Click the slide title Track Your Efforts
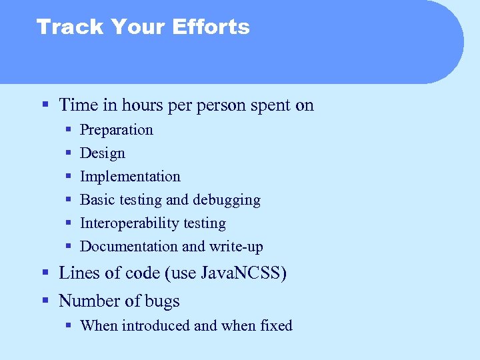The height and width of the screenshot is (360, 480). (143, 27)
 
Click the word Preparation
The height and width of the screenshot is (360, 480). (116, 130)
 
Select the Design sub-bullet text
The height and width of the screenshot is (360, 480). (102, 153)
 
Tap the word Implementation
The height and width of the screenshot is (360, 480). (130, 177)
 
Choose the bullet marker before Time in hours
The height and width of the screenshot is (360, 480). (45, 105)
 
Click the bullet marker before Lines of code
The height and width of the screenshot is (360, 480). (45, 273)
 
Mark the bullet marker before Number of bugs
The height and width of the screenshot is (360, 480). (45, 301)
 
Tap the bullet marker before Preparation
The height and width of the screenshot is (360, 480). (69, 130)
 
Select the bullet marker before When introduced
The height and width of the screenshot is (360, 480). (69, 326)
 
